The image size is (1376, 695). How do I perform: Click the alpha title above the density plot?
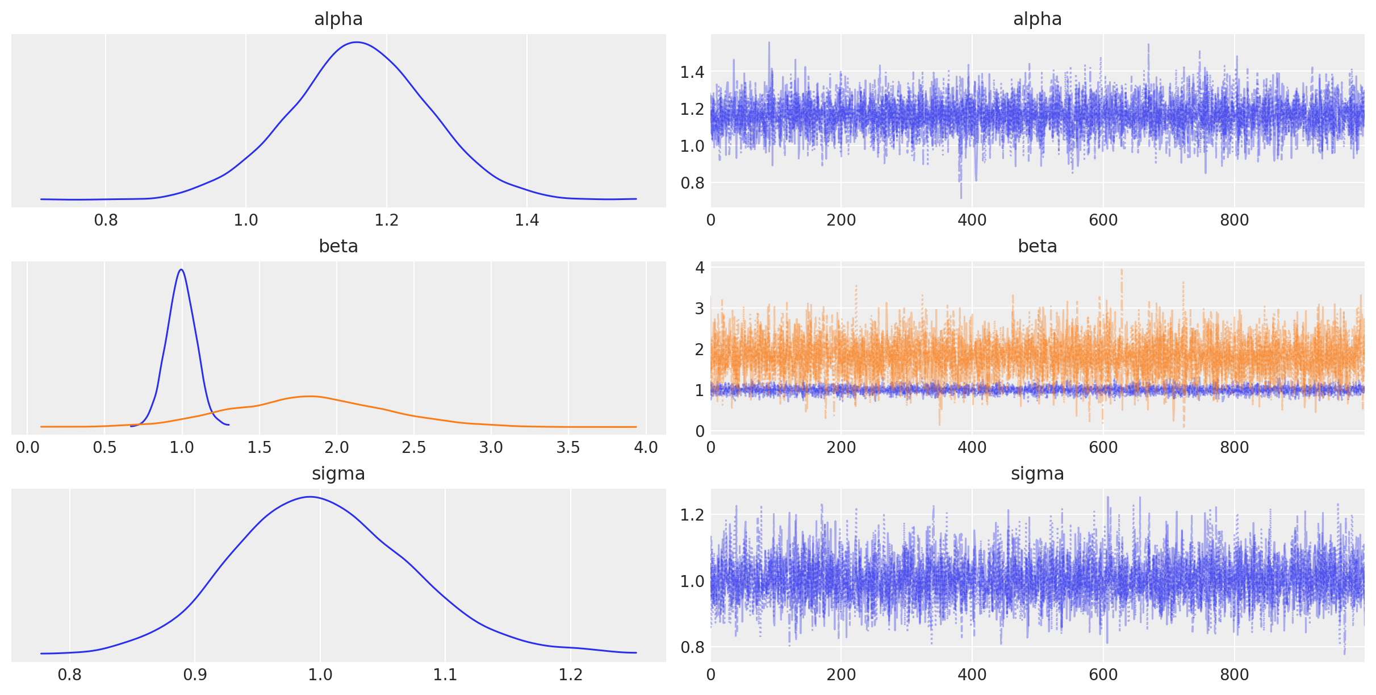(x=338, y=19)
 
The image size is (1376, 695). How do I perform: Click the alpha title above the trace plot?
(x=1037, y=19)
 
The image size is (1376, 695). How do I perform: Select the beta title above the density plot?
(x=338, y=246)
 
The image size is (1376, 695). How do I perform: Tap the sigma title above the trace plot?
(x=1037, y=473)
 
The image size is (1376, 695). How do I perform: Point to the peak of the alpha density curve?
(x=357, y=42)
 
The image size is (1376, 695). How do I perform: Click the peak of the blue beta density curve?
(x=181, y=269)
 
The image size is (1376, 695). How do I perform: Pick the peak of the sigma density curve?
(x=310, y=497)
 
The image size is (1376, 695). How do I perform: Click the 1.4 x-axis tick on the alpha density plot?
(x=526, y=220)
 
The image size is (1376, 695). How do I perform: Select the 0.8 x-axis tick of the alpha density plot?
(x=106, y=220)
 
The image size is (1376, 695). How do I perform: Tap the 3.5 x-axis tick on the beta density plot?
(x=568, y=447)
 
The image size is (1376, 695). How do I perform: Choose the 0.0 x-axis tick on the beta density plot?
(x=27, y=447)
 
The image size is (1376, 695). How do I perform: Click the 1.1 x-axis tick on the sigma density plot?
(x=445, y=675)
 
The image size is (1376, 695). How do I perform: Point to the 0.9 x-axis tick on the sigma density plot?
(x=195, y=675)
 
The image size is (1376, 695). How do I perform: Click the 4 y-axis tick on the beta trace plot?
(x=700, y=267)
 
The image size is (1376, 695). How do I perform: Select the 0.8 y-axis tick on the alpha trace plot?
(x=692, y=183)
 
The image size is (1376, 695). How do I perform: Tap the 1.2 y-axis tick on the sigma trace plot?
(x=692, y=514)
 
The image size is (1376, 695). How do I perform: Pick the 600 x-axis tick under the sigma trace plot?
(x=1103, y=675)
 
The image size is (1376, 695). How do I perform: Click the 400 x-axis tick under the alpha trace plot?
(x=972, y=220)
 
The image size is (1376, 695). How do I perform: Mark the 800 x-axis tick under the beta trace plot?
(x=1234, y=447)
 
